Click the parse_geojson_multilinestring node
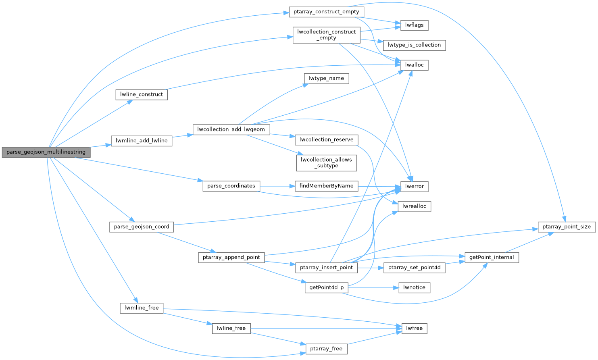pos(46,152)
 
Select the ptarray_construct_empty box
pos(326,12)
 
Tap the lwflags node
pos(414,25)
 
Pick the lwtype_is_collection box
pos(414,45)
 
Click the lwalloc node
pos(414,65)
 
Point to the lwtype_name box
pos(326,78)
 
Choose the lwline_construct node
pos(141,94)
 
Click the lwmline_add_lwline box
pos(142,141)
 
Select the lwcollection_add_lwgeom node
pos(231,129)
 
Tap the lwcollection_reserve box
pos(327,139)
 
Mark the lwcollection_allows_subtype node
pos(327,162)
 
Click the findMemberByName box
pos(327,186)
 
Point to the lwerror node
pos(414,186)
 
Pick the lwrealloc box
pos(414,206)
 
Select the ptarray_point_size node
pos(566,227)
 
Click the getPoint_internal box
pos(492,257)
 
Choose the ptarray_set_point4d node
pos(414,267)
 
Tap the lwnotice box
pos(414,287)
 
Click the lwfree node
pos(414,328)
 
